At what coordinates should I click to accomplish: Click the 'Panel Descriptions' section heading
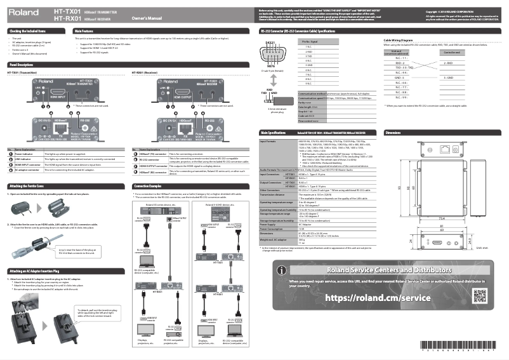22,65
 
